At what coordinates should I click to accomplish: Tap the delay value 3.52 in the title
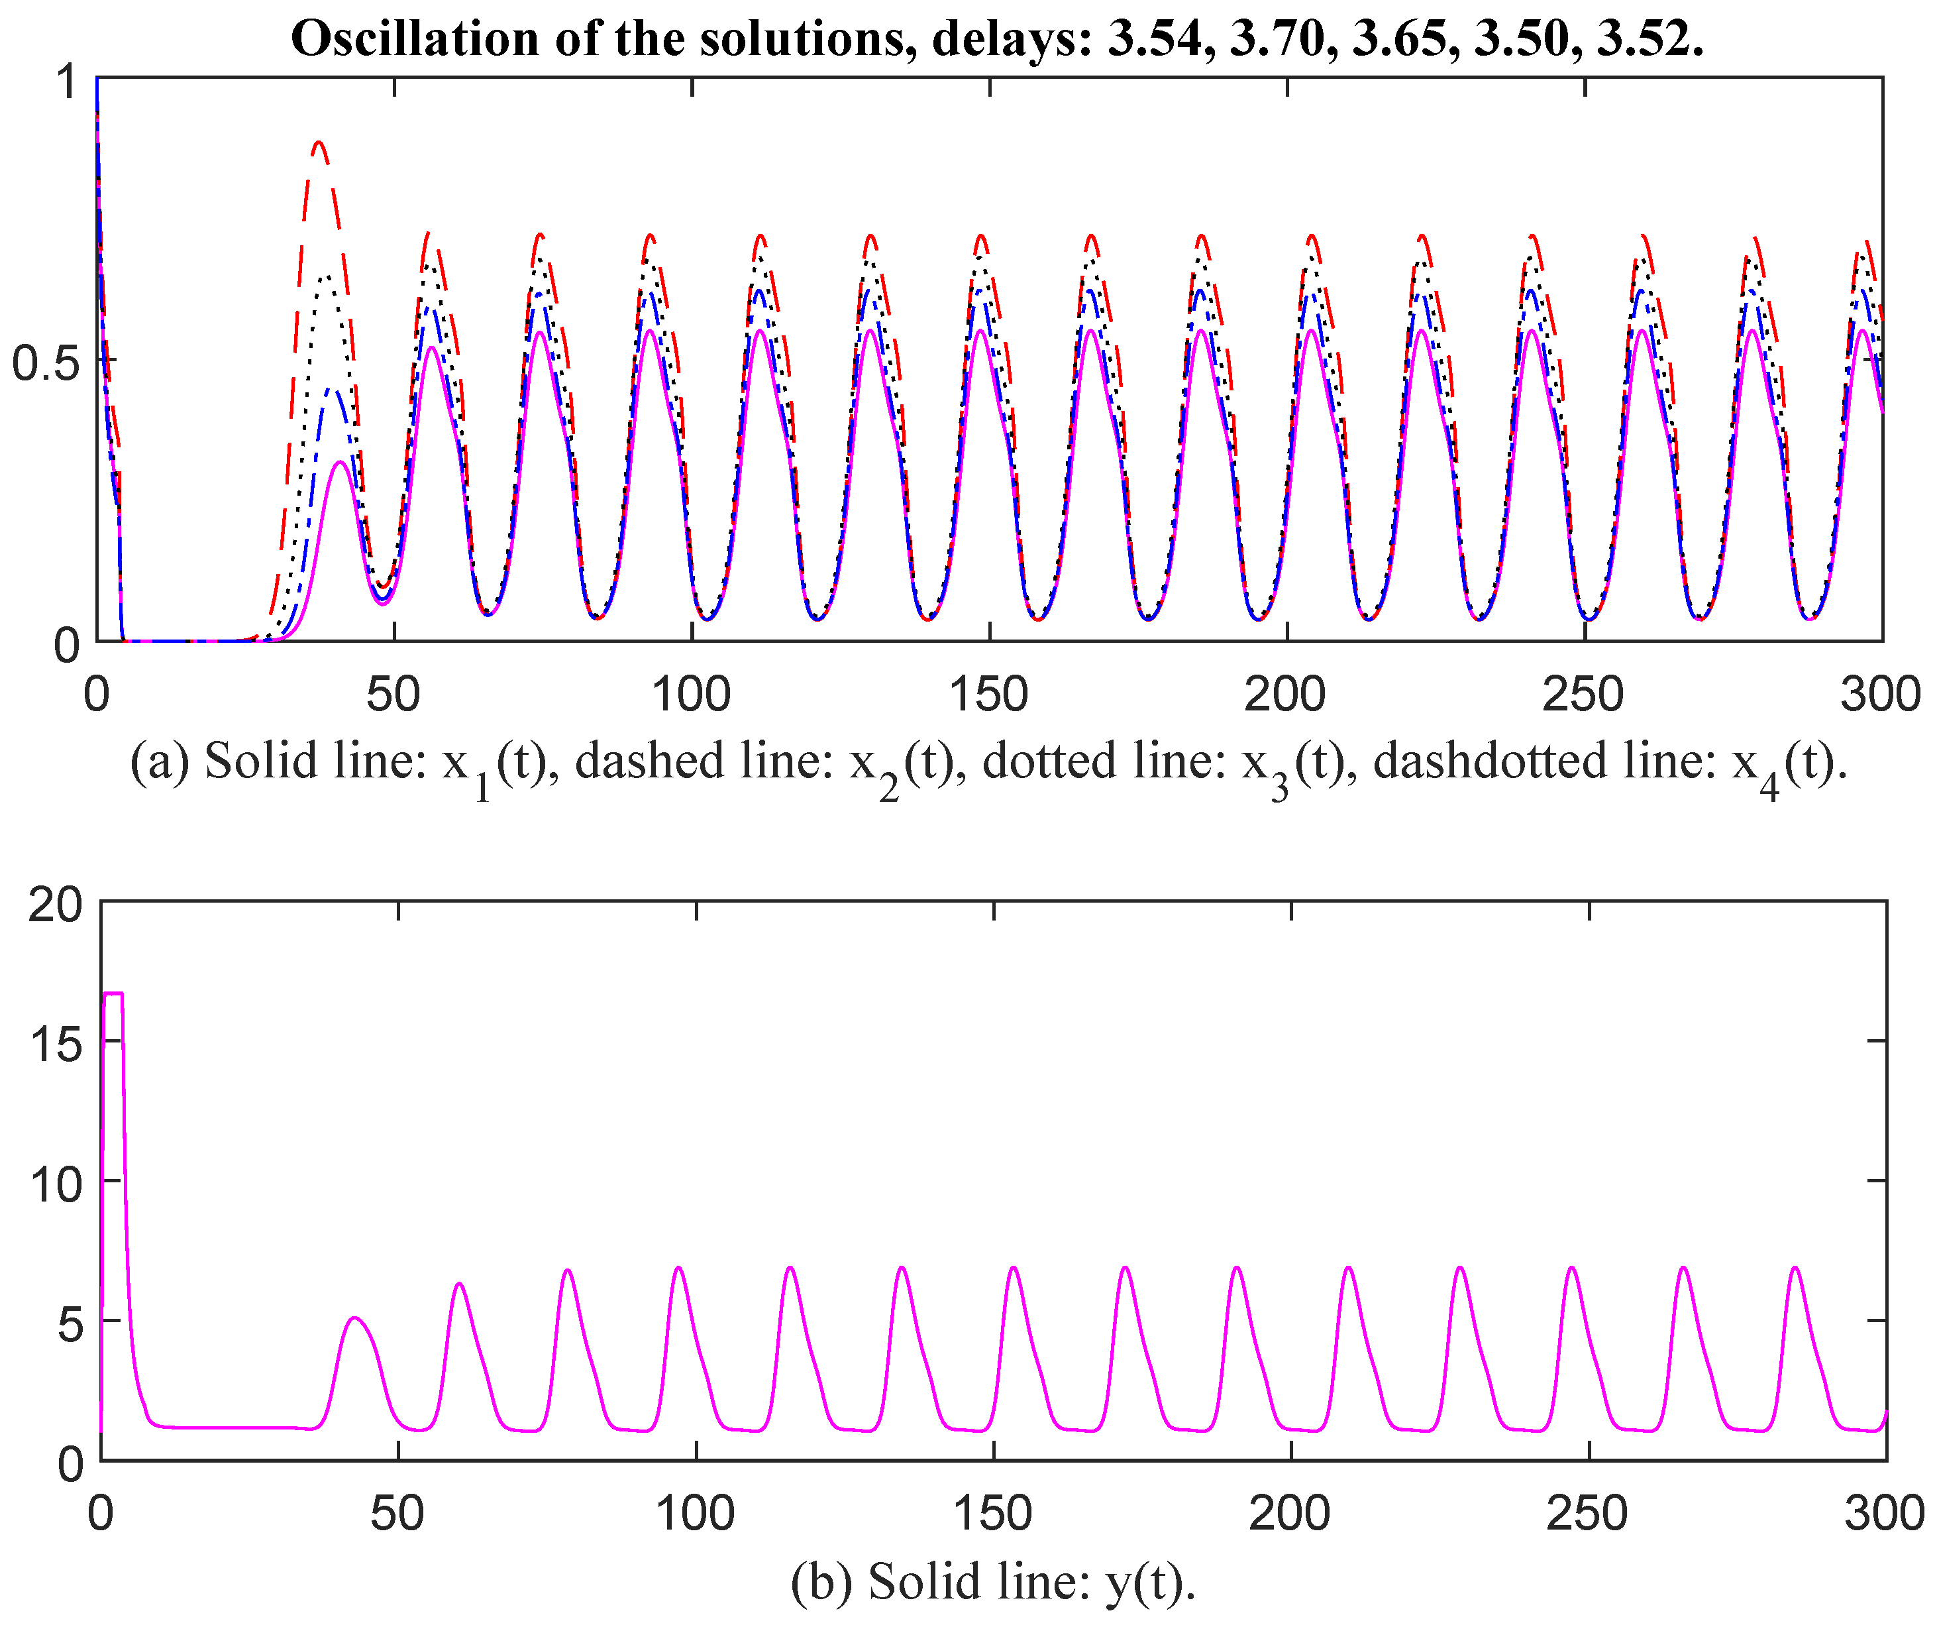click(x=1648, y=38)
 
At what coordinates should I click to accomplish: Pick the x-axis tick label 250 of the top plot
click(x=1583, y=694)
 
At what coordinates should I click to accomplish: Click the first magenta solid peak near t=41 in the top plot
click(x=340, y=463)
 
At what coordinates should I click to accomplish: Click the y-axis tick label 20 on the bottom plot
click(x=56, y=905)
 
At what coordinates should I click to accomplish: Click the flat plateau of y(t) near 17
click(x=113, y=994)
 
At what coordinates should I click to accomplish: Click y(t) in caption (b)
click(x=1149, y=1583)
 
